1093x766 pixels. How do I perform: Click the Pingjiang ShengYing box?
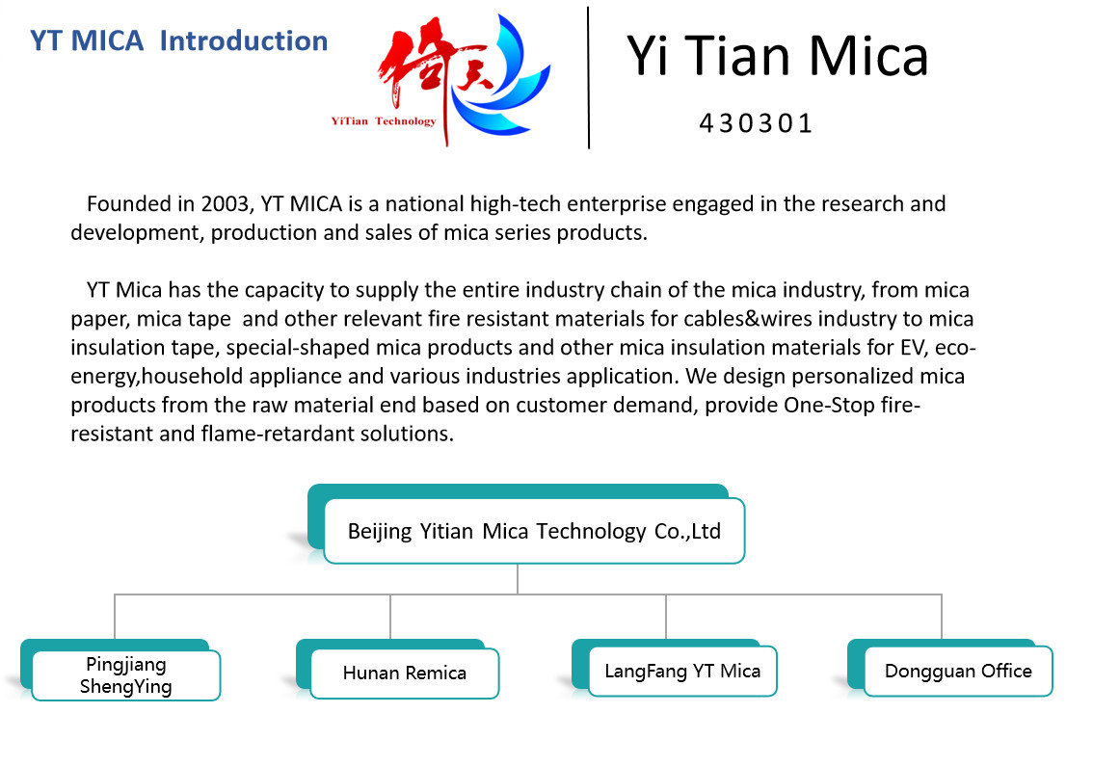click(x=126, y=675)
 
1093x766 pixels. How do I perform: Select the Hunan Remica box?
click(x=404, y=674)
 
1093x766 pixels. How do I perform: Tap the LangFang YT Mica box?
click(x=682, y=672)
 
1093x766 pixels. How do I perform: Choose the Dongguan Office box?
click(x=958, y=672)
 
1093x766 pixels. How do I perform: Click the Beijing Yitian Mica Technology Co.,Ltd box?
click(x=535, y=531)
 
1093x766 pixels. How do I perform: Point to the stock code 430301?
click(x=757, y=123)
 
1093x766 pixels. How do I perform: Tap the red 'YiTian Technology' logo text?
click(x=384, y=121)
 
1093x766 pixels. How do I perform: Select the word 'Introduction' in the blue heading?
click(x=243, y=41)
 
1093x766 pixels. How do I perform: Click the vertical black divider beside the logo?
click(x=588, y=77)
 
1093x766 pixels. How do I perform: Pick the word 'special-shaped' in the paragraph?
click(x=298, y=348)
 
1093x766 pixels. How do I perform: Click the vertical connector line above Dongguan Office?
click(x=942, y=616)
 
